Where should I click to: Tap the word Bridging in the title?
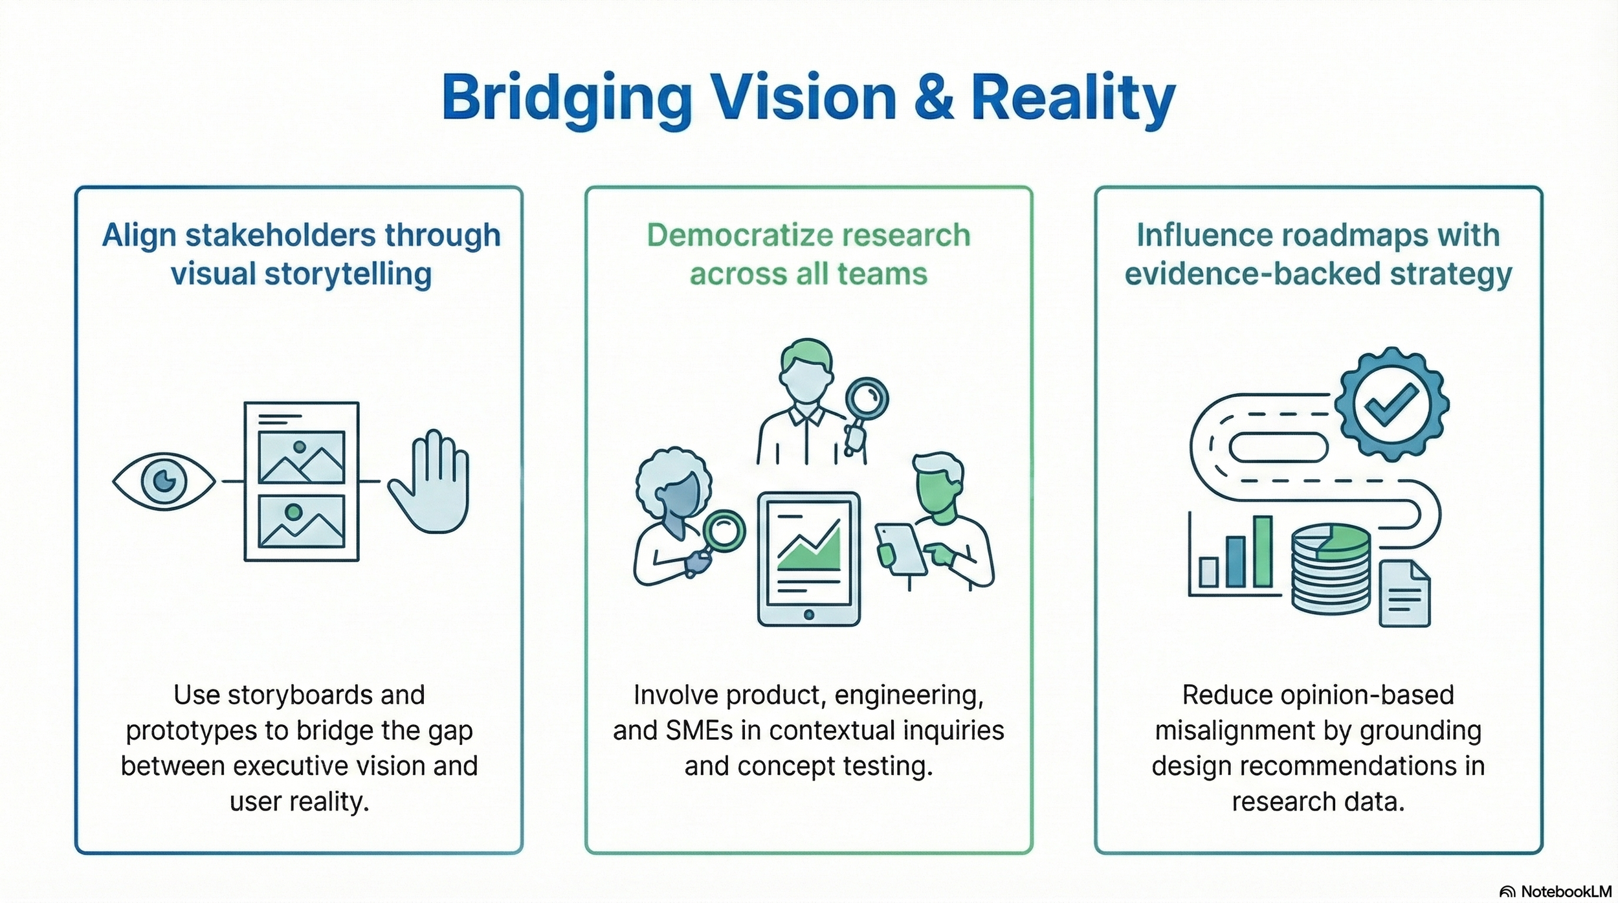[x=567, y=98]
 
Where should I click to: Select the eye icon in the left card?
[x=164, y=481]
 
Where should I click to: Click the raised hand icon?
[x=430, y=482]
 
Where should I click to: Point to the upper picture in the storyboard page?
[x=301, y=457]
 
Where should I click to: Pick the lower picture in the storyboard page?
[x=301, y=521]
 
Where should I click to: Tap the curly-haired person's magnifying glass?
[x=724, y=531]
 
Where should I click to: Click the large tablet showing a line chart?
[x=808, y=559]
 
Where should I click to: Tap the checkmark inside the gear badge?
[x=1391, y=404]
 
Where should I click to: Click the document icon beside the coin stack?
[x=1404, y=594]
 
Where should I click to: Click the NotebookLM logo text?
[x=1566, y=891]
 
